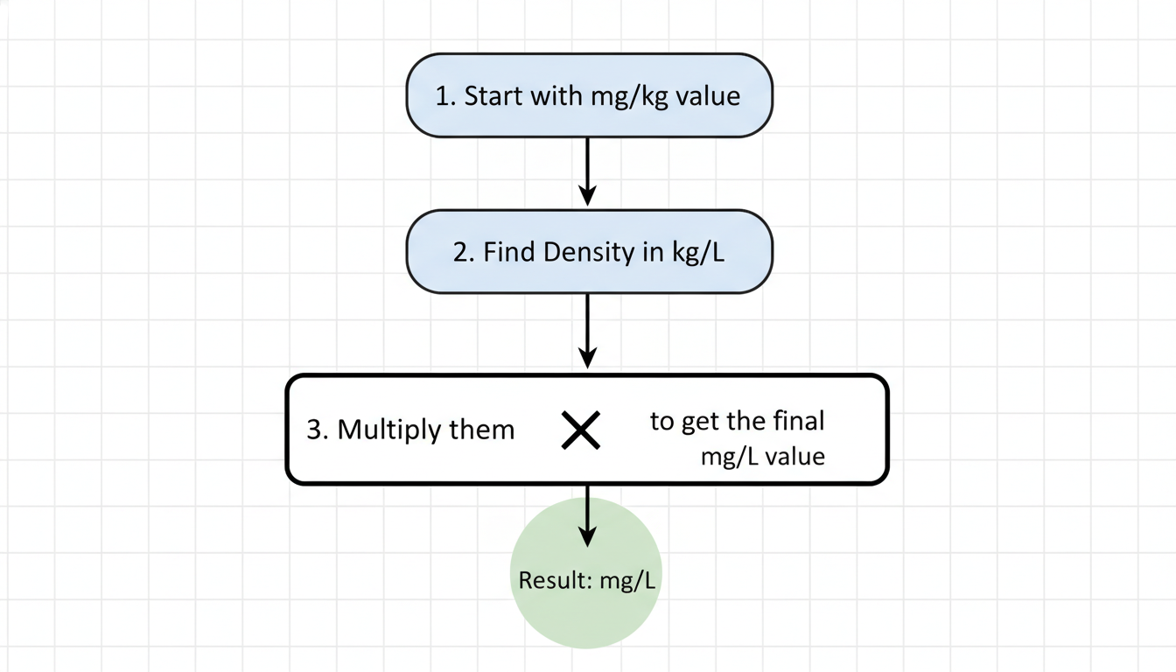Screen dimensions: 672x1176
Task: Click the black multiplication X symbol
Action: tap(581, 430)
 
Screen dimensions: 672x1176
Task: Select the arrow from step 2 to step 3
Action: tap(588, 331)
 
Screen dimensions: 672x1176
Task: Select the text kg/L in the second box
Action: tap(698, 252)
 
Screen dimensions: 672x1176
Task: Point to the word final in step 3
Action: tap(799, 421)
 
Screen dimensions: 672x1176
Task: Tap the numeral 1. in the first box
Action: tap(445, 95)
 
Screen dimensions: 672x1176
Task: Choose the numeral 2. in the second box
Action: tap(464, 252)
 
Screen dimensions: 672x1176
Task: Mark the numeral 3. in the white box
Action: tap(318, 430)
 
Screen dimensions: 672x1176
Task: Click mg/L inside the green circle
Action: tap(628, 581)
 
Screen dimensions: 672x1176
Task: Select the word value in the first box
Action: tap(710, 95)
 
